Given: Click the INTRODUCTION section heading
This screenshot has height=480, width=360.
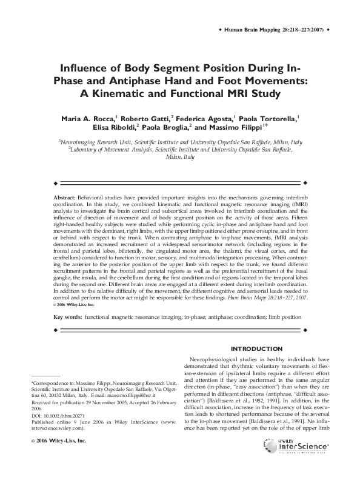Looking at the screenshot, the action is pyautogui.click(x=258, y=348).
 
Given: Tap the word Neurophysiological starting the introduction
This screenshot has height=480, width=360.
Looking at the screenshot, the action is pyautogui.click(x=218, y=359).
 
